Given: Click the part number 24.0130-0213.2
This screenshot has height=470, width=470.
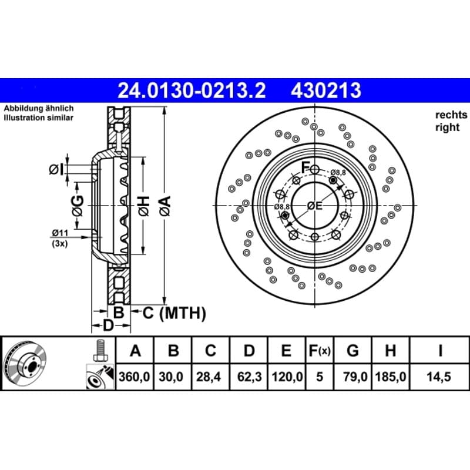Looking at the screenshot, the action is click(192, 90).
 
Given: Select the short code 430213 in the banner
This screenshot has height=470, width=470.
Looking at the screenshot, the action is click(326, 90).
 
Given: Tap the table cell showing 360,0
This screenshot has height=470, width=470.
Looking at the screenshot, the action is click(134, 377).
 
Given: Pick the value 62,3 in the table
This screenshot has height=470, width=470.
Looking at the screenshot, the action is click(249, 377).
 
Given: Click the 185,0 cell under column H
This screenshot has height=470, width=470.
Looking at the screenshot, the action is click(391, 377).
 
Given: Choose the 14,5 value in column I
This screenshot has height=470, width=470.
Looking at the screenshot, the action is click(439, 377).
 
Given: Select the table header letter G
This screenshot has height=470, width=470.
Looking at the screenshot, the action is click(352, 350).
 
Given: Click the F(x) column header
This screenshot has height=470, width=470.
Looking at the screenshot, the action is click(320, 351).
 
